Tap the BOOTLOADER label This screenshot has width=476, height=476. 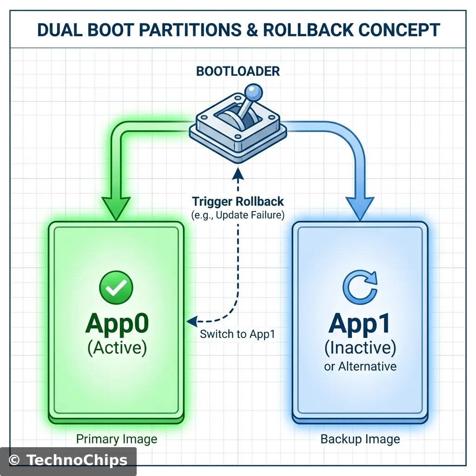point(238,71)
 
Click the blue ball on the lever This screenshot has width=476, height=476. point(253,91)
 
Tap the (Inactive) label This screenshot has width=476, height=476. point(360,347)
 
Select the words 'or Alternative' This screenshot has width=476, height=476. point(360,366)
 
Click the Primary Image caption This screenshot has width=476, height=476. point(117,439)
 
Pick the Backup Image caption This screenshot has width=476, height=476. point(360,439)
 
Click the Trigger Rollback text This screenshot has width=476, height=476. point(238,202)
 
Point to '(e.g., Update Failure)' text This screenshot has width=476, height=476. point(238,215)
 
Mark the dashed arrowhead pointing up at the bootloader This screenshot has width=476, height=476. point(238,174)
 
